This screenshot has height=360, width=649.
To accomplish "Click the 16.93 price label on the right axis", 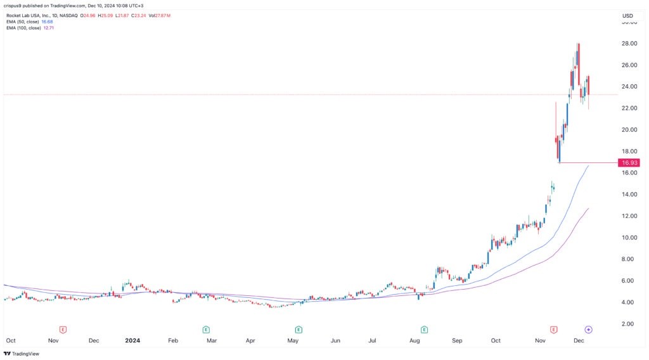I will [631, 163].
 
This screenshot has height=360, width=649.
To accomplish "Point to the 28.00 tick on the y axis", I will [629, 44].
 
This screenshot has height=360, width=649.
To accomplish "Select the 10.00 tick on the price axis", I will [629, 238].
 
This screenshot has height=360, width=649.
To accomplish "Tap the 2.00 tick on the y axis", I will [627, 324].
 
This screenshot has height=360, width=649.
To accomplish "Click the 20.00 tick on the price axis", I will [629, 130].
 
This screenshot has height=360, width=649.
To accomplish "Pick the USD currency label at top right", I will [628, 15].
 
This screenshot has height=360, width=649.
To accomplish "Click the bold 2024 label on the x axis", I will [132, 340].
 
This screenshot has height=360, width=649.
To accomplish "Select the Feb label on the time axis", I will [173, 340].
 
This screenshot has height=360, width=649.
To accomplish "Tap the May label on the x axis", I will [292, 340].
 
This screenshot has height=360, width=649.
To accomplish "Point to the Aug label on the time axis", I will [415, 340].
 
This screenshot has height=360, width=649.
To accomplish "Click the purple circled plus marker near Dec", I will [588, 330].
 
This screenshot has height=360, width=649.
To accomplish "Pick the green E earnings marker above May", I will [298, 330].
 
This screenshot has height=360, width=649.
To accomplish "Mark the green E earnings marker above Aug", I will [423, 330].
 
